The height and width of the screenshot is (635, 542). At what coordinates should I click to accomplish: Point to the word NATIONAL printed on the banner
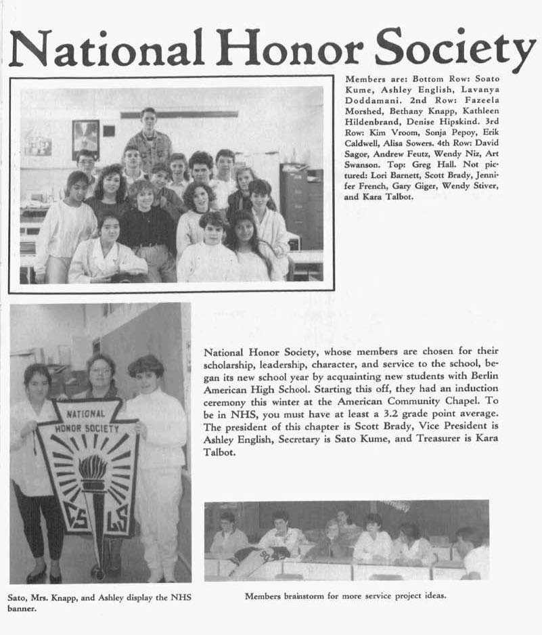click(85, 413)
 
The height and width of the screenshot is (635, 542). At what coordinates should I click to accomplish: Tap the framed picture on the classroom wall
click(86, 138)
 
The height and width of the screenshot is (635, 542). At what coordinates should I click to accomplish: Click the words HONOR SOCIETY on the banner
click(87, 429)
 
